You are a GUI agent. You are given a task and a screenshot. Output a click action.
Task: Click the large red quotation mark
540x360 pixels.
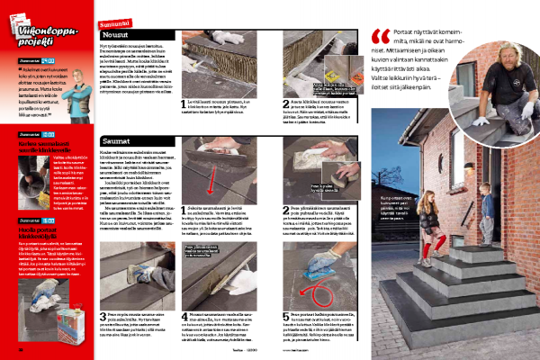(378, 39)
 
